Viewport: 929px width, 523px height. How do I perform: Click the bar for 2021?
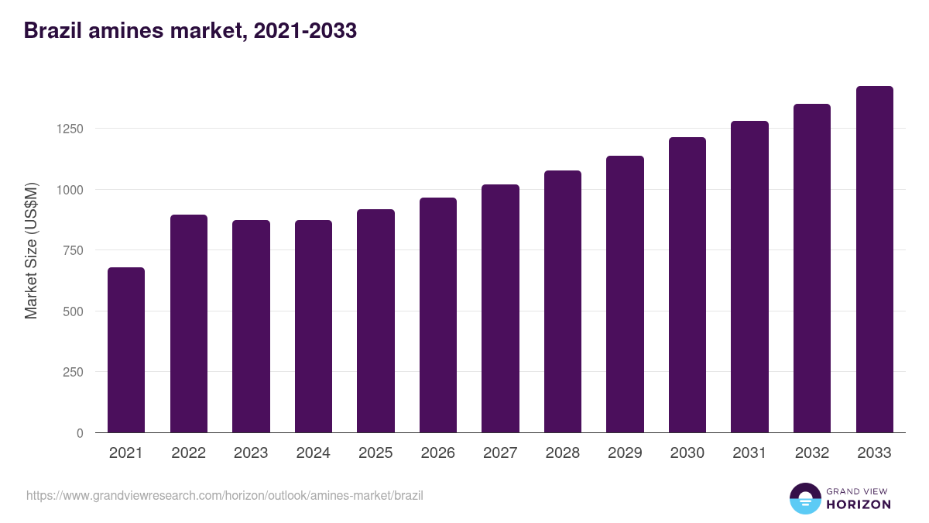point(126,350)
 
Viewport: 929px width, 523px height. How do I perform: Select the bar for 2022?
point(189,324)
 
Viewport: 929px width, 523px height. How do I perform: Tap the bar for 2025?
point(375,321)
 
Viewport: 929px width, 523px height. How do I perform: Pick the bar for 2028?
point(563,301)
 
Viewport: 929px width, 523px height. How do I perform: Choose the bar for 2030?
point(687,285)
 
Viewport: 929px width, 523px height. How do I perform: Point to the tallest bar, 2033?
point(874,260)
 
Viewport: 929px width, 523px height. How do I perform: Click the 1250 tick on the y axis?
point(69,129)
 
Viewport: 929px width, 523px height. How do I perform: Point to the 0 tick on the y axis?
point(80,433)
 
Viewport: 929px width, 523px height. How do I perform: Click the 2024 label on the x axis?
point(313,453)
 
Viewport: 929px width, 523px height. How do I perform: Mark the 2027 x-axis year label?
point(500,453)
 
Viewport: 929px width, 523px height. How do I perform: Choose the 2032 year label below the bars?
point(811,453)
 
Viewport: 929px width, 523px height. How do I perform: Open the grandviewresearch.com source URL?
point(225,495)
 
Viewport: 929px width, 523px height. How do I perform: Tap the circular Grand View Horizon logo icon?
point(804,498)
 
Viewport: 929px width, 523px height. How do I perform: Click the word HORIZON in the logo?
point(859,504)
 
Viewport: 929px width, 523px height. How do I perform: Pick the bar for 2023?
point(251,326)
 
